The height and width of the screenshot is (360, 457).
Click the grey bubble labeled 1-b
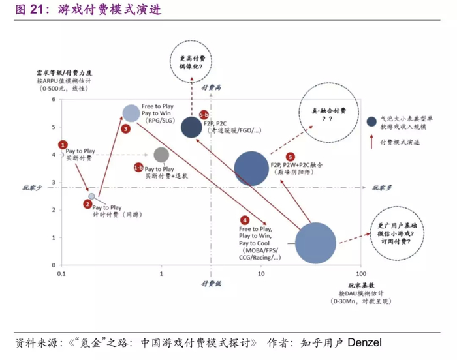coord(161,155)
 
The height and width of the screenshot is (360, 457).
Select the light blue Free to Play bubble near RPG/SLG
coord(131,113)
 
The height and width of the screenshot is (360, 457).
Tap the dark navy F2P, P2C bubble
coord(191,127)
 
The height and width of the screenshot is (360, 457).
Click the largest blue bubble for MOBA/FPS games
coord(315,243)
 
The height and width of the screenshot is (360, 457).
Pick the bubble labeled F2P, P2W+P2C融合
coord(251,168)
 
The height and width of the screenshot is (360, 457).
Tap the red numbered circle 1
coord(63,143)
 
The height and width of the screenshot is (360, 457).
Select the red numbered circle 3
coord(125,129)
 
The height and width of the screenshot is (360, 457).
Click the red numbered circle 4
coord(245,220)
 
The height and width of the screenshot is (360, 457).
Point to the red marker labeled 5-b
coord(203,114)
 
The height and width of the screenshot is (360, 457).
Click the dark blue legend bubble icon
coord(371,121)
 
